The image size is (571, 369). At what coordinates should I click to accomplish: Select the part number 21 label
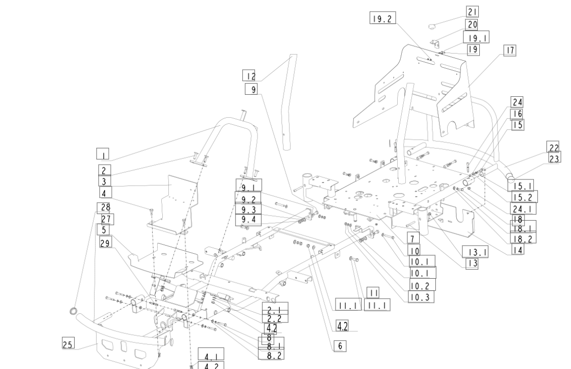click(472, 12)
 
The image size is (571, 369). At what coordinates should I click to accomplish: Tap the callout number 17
click(510, 50)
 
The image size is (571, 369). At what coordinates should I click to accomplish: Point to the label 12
click(249, 76)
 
